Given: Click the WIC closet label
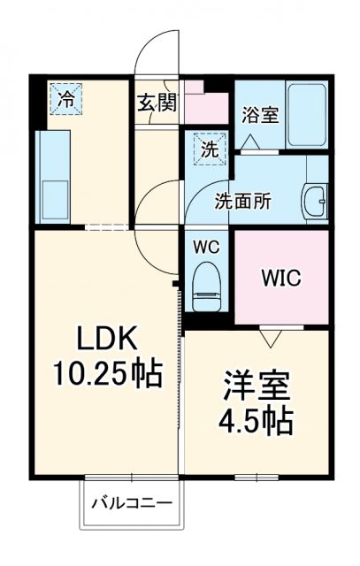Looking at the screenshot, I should [x=280, y=277].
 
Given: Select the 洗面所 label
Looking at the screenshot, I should [x=243, y=200].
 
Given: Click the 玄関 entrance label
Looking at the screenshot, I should [x=157, y=102].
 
